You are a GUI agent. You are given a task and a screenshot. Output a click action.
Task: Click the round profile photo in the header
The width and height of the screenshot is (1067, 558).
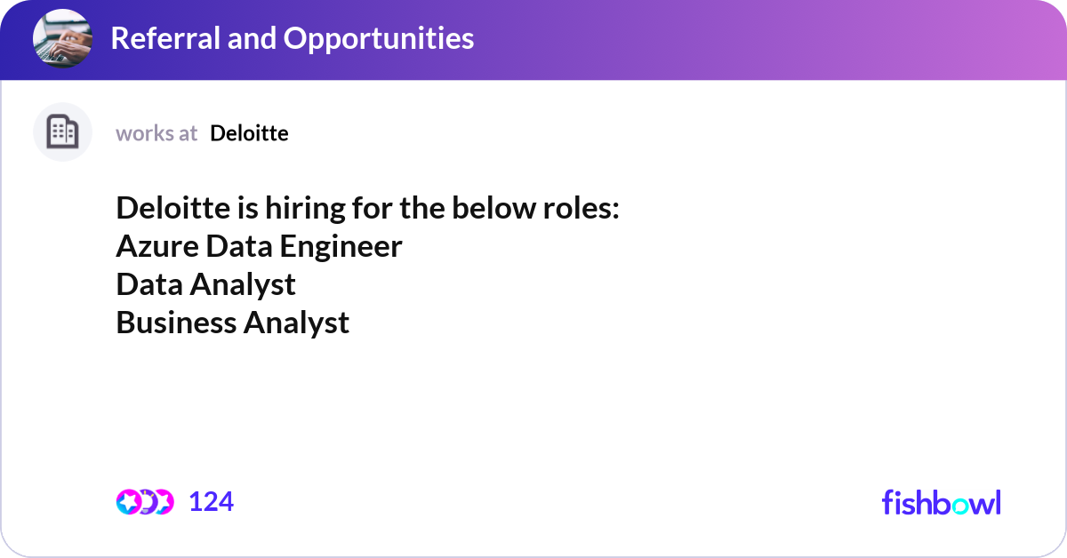(x=62, y=39)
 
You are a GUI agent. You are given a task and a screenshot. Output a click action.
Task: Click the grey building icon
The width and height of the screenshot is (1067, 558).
(x=62, y=132)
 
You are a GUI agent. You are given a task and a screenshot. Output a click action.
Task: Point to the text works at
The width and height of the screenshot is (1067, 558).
(x=156, y=133)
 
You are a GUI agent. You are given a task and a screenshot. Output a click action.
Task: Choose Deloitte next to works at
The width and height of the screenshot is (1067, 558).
(x=249, y=133)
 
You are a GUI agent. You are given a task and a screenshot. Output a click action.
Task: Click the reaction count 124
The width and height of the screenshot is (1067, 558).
(x=212, y=502)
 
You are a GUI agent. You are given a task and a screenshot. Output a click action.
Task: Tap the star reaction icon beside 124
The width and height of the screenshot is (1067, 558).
(x=129, y=502)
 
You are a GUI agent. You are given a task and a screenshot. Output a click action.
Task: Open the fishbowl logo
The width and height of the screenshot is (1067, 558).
(x=941, y=502)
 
